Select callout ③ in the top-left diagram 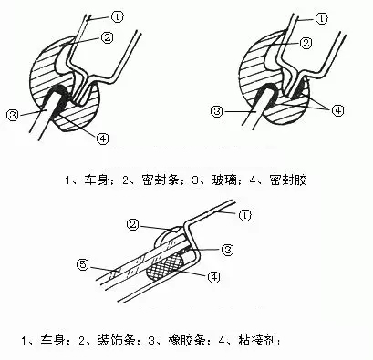[x=11, y=114]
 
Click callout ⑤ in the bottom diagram [x=82, y=265]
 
